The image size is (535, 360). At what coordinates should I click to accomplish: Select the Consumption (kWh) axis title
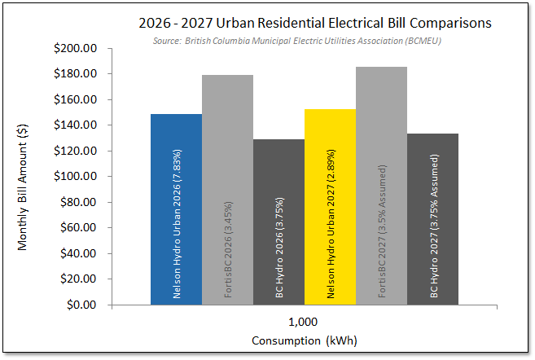coord(305,340)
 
